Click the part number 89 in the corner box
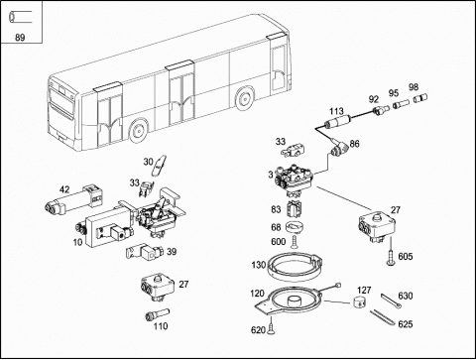(20, 38)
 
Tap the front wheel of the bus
(138, 131)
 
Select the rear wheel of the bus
(244, 98)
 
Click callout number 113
(336, 111)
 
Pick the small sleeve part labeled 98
(420, 98)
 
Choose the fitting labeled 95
(401, 104)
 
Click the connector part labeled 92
(380, 110)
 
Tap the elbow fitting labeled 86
(337, 149)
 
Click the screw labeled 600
(295, 241)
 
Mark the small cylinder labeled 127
(359, 301)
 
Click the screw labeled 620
(272, 326)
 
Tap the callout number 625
(406, 324)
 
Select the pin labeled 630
(392, 300)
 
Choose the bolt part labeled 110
(158, 314)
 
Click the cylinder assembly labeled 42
(73, 200)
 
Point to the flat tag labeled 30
(159, 166)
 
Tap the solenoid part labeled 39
(145, 253)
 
